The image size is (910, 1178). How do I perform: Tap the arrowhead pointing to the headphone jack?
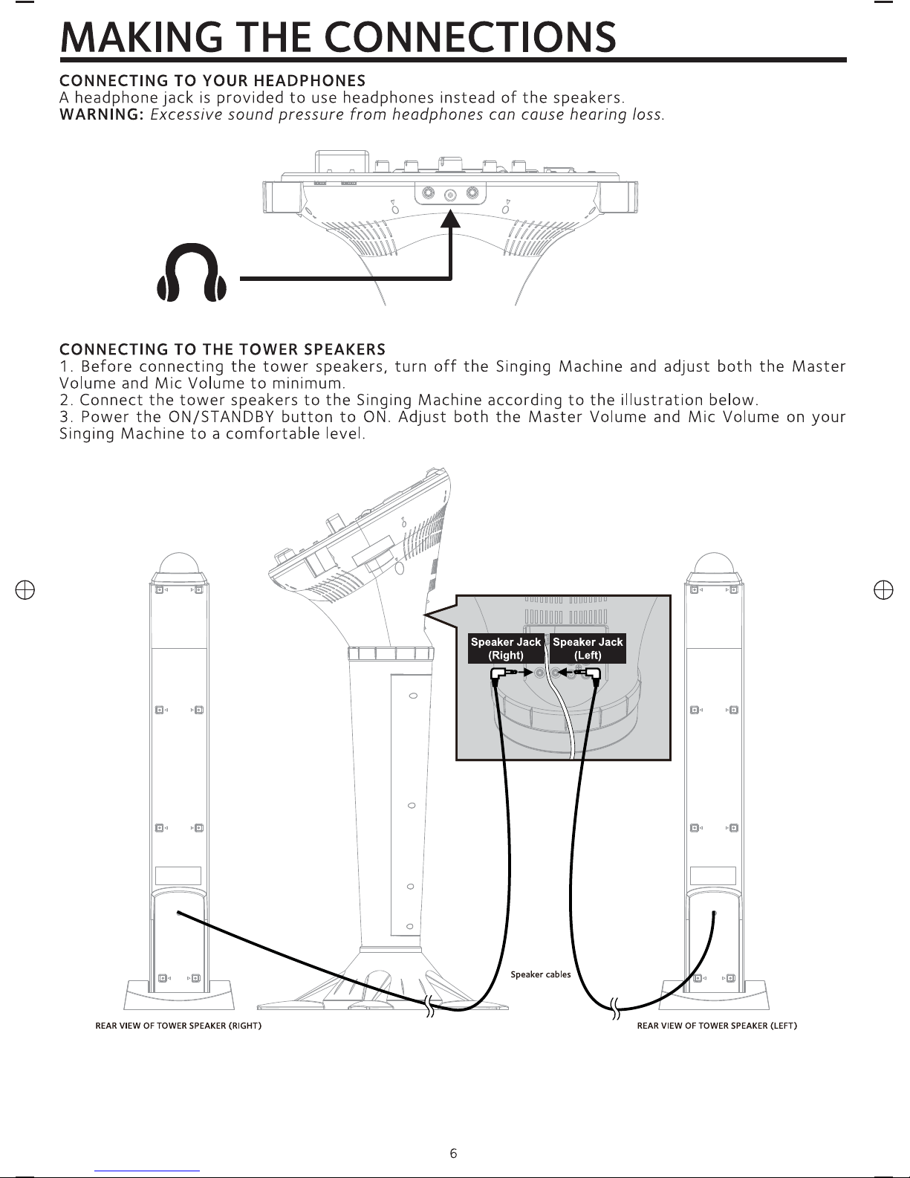point(450,219)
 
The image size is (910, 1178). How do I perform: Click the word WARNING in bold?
point(101,115)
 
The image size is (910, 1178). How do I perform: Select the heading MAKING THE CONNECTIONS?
point(338,37)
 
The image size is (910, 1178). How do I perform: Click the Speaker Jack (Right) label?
point(505,648)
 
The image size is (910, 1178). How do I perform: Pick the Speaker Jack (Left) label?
point(588,648)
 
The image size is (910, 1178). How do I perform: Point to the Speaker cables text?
point(541,974)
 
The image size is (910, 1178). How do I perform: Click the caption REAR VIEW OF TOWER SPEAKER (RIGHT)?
point(178,1026)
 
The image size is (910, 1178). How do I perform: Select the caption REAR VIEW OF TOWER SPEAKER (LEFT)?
point(717,1026)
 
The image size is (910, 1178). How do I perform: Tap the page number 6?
point(453,1153)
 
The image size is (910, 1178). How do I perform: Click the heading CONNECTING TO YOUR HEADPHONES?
point(212,81)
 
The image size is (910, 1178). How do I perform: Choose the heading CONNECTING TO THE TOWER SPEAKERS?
point(222,349)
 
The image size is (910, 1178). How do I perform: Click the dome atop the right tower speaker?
point(179,566)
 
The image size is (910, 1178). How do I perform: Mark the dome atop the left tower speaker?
point(714,566)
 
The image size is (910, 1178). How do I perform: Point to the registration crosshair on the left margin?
point(25,590)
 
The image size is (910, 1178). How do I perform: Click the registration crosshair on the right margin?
point(883,590)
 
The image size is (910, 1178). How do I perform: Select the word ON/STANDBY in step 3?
point(221,417)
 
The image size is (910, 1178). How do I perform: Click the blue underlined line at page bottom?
point(147,1171)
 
